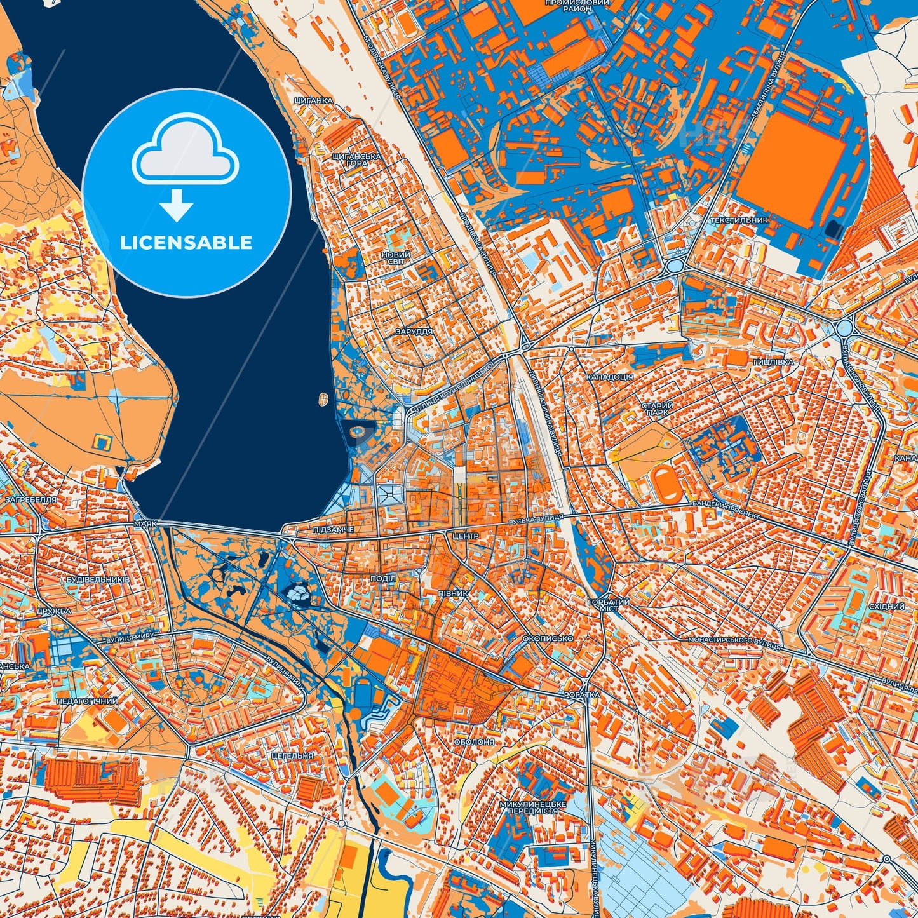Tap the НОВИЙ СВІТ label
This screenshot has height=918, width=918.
point(396,258)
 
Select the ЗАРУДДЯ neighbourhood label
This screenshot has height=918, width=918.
point(413,332)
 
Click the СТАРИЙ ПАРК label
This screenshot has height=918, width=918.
point(656,408)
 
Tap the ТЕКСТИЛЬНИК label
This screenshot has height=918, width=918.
point(739,220)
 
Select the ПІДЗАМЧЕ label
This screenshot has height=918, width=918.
point(334,529)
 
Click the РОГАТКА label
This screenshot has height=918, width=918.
point(581,695)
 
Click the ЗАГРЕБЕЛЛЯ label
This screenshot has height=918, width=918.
point(30,499)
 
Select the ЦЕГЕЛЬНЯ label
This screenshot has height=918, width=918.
point(292,756)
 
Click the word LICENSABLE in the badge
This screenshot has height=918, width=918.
point(186,243)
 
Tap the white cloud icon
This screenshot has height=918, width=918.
point(185,151)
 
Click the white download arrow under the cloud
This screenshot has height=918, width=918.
point(177,205)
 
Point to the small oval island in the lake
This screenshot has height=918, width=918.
point(323,400)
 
